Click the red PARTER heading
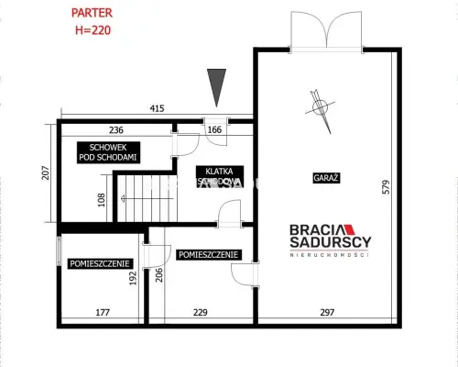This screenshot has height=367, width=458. tap(92, 13)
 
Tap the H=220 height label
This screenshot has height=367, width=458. tap(93, 30)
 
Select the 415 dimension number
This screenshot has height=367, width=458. tap(157, 108)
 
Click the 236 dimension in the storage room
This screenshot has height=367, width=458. tap(116, 130)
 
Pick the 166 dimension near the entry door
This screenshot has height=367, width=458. tap(214, 129)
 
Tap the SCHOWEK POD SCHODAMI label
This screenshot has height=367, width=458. tap(108, 152)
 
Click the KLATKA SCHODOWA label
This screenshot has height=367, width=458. tap(220, 176)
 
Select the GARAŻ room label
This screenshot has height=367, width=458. tap(326, 178)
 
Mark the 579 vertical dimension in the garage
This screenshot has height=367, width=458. tap(386, 187)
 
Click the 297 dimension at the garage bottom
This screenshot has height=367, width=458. tap(327, 312)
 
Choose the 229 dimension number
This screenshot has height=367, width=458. tap(201, 312)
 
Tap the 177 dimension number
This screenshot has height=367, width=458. tap(103, 312)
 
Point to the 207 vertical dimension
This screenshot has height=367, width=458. tap(46, 172)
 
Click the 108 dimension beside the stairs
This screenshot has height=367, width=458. tap(102, 200)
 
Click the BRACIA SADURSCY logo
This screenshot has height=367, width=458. tap(331, 240)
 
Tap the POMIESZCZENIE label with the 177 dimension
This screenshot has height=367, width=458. tap(100, 263)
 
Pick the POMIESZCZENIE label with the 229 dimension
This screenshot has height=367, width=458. tap(209, 254)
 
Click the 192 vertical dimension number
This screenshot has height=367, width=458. tap(133, 278)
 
